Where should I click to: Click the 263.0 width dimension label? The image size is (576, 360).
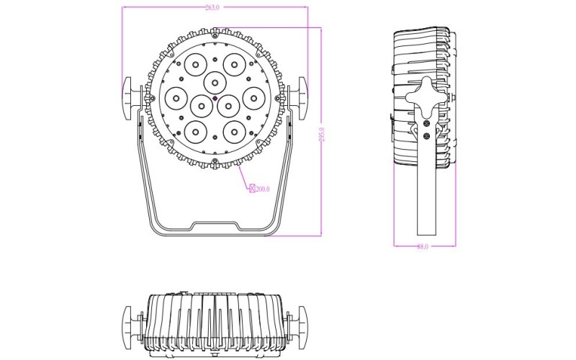click(x=212, y=7)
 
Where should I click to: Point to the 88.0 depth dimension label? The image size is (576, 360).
click(x=423, y=247)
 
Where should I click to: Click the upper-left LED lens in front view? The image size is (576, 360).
click(x=194, y=63)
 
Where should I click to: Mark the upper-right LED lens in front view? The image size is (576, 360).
click(x=234, y=63)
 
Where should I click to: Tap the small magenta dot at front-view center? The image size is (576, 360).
click(x=215, y=97)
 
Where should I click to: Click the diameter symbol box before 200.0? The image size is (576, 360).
click(x=251, y=189)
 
